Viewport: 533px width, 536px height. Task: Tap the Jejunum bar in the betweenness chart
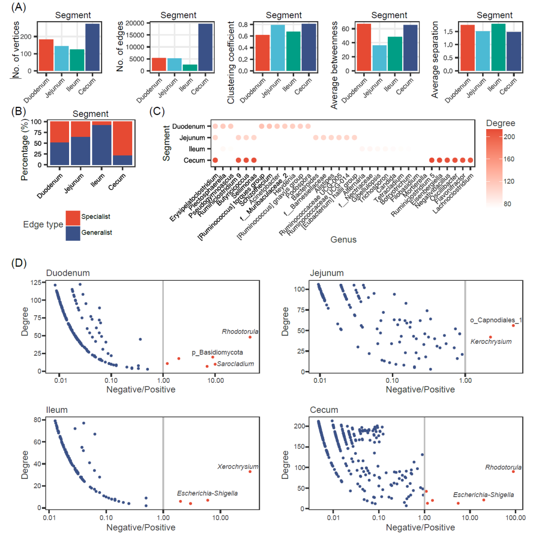point(380,59)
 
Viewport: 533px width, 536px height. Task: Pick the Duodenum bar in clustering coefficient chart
point(263,53)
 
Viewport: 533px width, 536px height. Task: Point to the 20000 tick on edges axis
point(132,23)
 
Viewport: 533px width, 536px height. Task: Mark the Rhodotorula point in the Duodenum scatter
point(250,337)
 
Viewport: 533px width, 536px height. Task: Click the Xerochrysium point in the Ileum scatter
point(250,471)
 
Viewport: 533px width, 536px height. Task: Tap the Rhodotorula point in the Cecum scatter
point(513,471)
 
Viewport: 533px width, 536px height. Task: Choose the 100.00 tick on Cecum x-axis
point(516,517)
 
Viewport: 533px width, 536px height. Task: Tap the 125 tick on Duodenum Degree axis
point(36,282)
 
